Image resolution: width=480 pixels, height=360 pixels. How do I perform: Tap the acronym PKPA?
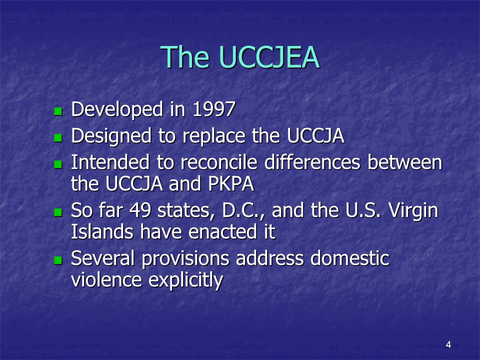point(228,184)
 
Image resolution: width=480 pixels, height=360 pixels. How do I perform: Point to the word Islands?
point(100,232)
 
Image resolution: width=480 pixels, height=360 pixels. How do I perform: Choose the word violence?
point(106,280)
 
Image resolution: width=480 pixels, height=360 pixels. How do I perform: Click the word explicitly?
point(186,281)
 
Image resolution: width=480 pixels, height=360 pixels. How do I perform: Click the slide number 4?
point(448,344)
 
